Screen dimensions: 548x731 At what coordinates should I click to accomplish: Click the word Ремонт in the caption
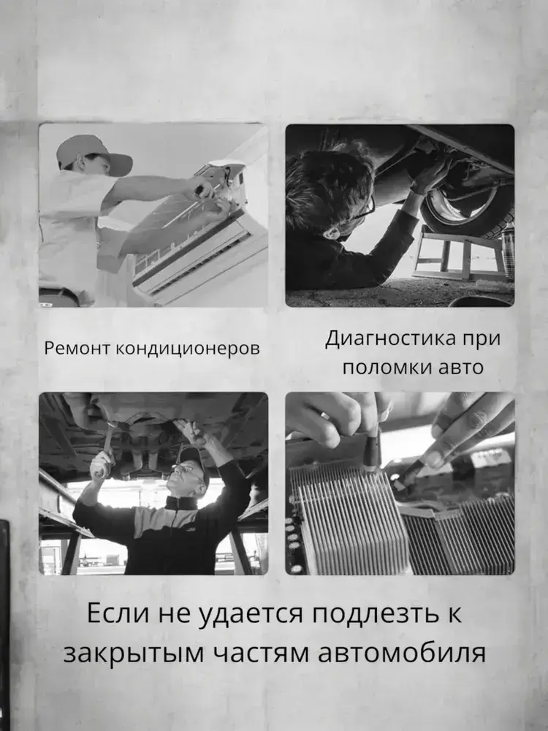[78, 348]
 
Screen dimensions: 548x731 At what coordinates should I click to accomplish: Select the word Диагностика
[390, 338]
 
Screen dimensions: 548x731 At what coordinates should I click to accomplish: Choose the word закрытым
[134, 654]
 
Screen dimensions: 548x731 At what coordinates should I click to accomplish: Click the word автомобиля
[402, 653]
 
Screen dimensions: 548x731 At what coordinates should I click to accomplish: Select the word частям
[261, 653]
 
